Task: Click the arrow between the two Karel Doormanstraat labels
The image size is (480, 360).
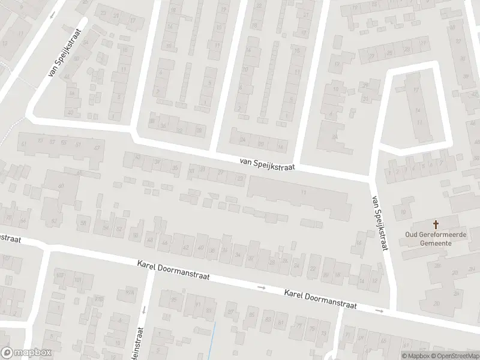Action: tap(261, 288)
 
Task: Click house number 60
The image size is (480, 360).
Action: tap(61, 186)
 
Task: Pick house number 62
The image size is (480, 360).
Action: tap(54, 221)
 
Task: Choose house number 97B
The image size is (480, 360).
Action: tap(99, 298)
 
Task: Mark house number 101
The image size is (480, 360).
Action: tap(77, 280)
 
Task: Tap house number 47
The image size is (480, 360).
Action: tap(96, 148)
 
